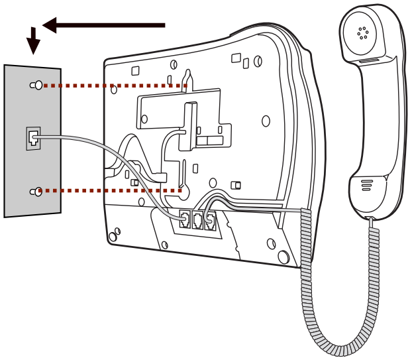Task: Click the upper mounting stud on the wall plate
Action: tap(37, 85)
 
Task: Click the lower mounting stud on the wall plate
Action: tap(37, 192)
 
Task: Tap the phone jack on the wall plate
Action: tap(32, 138)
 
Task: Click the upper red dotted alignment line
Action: tap(113, 86)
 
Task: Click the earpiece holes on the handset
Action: tap(362, 32)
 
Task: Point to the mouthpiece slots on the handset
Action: tap(366, 184)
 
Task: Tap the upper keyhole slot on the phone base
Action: tap(187, 78)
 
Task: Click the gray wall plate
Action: tap(20, 113)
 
